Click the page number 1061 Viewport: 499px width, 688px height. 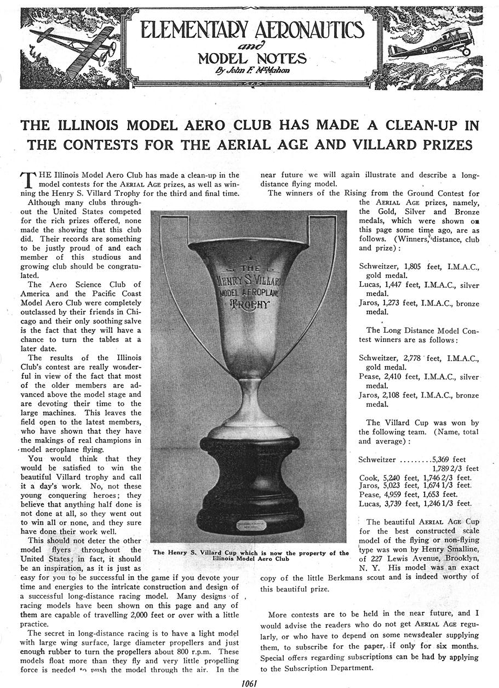pyautogui.click(x=249, y=683)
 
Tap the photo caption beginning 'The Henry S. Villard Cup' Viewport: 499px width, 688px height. pyautogui.click(x=250, y=555)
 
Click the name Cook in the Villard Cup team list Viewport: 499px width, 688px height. pyautogui.click(x=368, y=477)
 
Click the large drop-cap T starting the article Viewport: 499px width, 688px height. pyautogui.click(x=26, y=180)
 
